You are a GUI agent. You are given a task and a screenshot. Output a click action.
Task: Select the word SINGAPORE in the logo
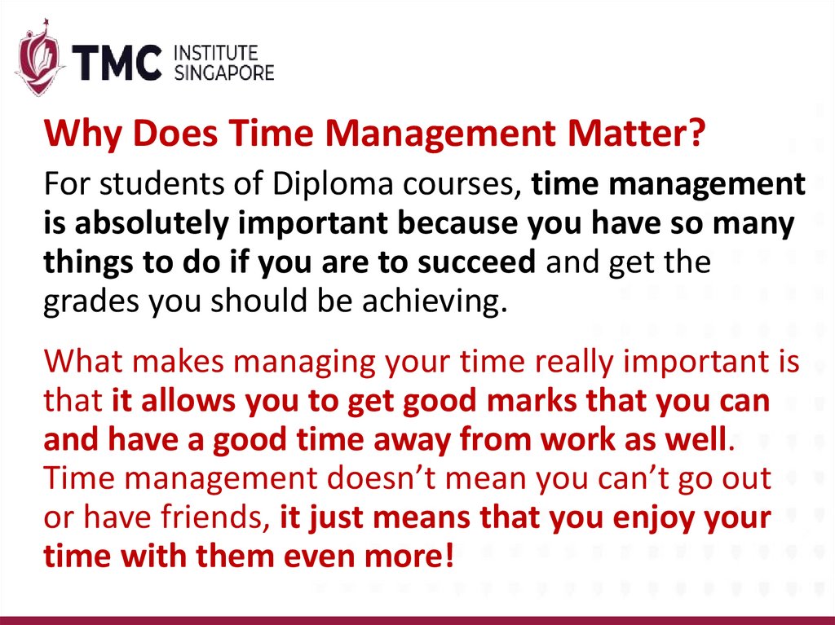(225, 73)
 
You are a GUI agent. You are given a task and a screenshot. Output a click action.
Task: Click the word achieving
(444, 302)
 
